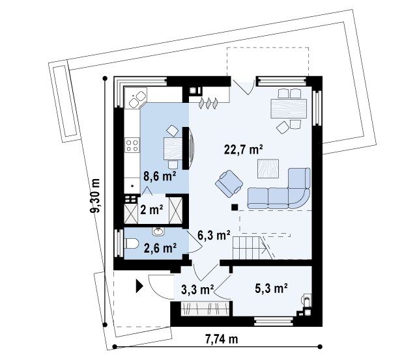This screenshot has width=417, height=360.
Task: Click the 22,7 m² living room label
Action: pos(243,149)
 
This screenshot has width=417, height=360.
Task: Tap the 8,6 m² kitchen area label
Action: pos(160,176)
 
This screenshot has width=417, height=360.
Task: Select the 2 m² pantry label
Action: pos(152,210)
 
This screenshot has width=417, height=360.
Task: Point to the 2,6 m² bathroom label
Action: pos(160,248)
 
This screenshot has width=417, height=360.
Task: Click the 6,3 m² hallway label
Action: pos(214,235)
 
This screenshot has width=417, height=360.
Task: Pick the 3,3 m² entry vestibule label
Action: pos(197,290)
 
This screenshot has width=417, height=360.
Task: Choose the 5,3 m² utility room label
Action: pos(271,288)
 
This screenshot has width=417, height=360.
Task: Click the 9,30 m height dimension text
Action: pos(95,195)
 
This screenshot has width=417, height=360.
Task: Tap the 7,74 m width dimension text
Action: pos(222,339)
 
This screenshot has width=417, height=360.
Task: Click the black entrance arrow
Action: pos(139,286)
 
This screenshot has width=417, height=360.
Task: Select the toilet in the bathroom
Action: pos(132,243)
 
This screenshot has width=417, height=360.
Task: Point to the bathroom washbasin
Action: pos(158,231)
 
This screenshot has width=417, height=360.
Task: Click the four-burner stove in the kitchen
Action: pos(132,145)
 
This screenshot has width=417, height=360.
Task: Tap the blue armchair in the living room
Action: pos(229,184)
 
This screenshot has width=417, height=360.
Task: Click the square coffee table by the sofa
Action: pos(268,169)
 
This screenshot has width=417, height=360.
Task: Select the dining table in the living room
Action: pos(289,109)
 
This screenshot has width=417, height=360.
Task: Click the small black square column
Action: pos(235,207)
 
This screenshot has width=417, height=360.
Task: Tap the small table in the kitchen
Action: pos(173,148)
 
